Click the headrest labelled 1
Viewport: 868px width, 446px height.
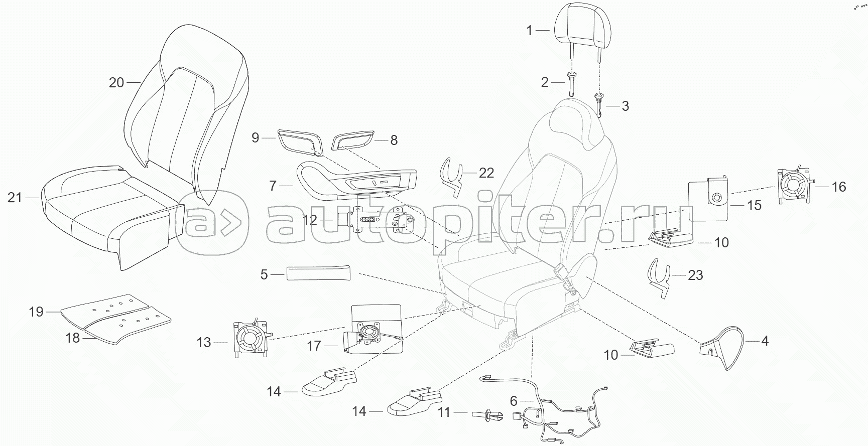(578, 25)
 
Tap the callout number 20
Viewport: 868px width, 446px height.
(116, 82)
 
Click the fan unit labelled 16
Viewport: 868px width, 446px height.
(795, 187)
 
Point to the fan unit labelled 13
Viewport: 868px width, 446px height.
(250, 342)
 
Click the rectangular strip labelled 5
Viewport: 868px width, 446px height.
(318, 274)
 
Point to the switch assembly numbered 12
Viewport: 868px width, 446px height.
(382, 220)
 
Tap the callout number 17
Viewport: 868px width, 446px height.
(314, 346)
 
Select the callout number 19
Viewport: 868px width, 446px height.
(36, 312)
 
